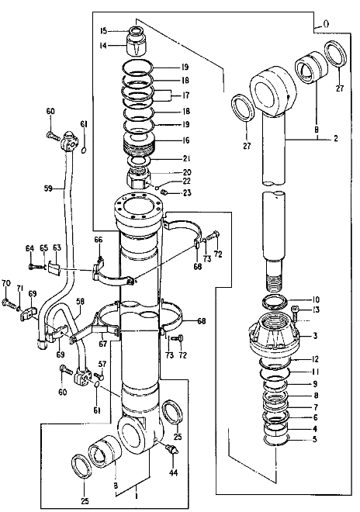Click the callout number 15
coord(103,30)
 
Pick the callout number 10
coord(316,299)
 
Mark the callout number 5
coord(315,439)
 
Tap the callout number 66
coord(99,240)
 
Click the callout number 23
coord(186,193)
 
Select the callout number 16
coord(186,142)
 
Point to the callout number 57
coord(101,364)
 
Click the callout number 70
coord(5,283)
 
